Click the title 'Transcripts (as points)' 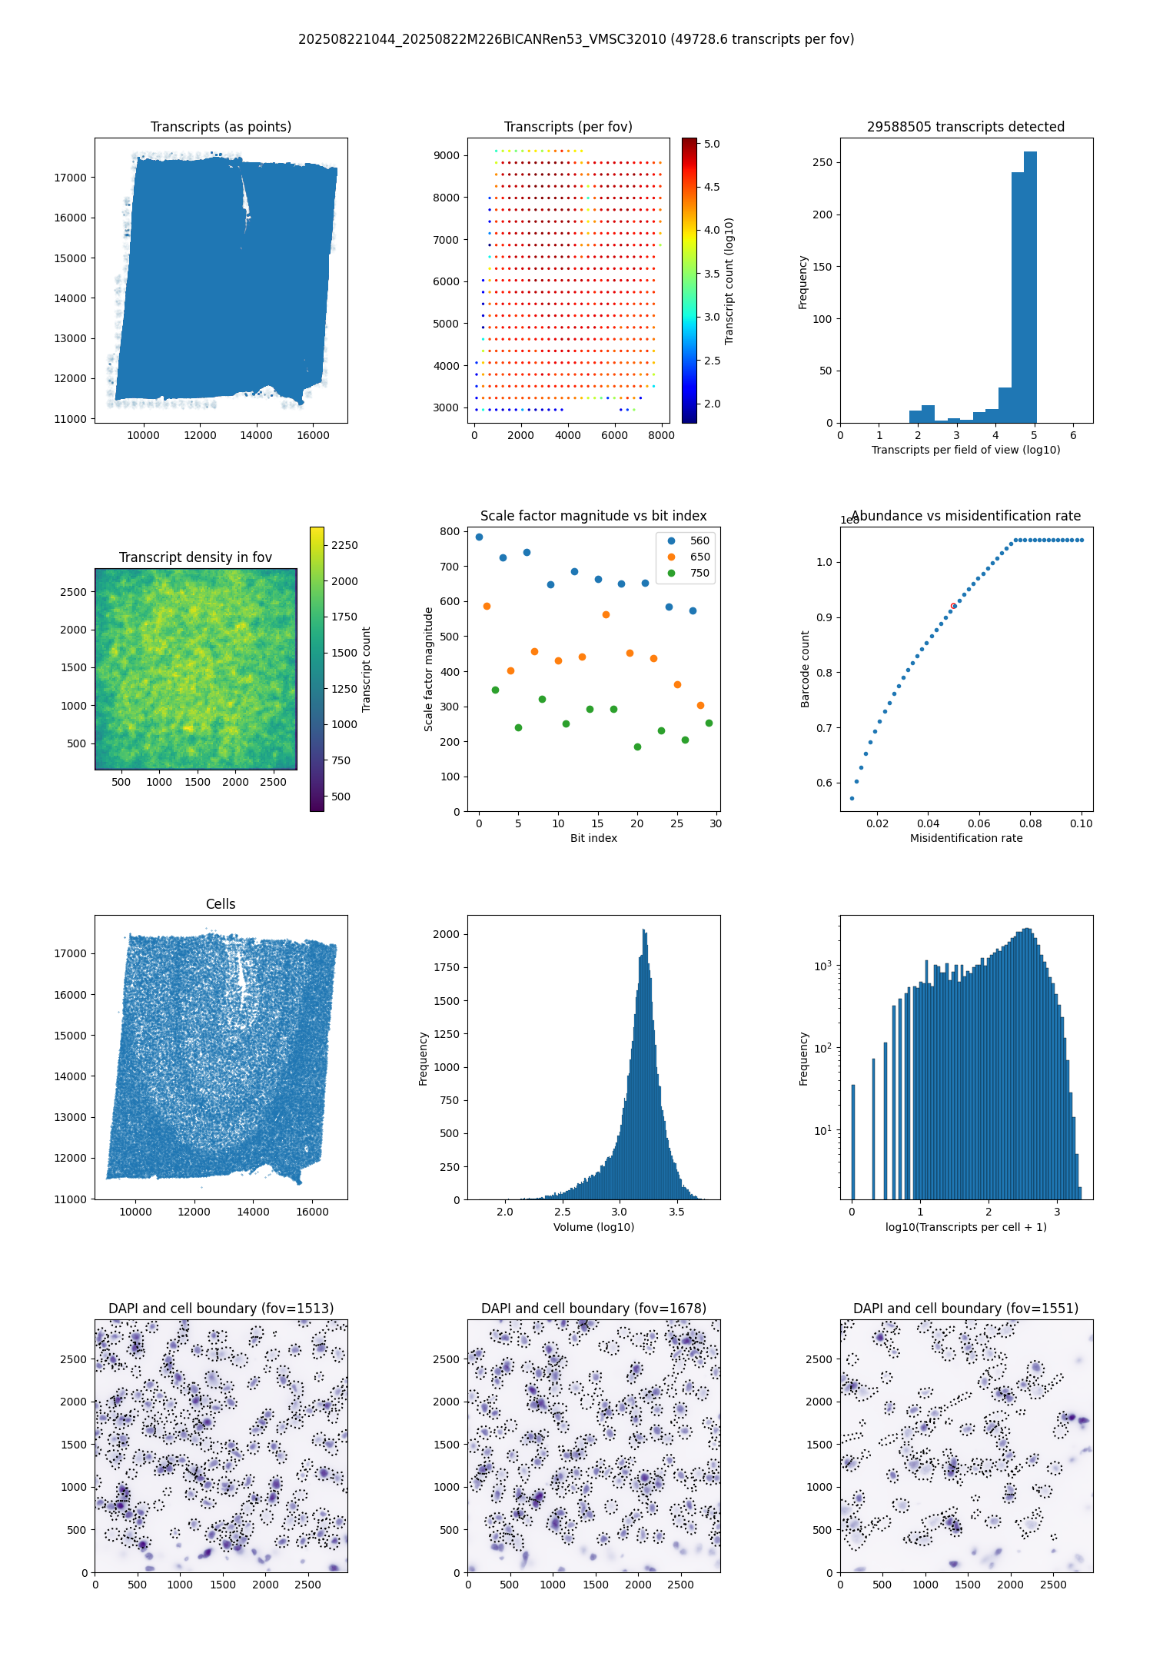[x=221, y=127]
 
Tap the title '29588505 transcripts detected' [x=965, y=127]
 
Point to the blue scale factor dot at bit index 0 [x=479, y=537]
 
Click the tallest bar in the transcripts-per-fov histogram [x=1030, y=287]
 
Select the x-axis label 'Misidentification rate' [x=966, y=838]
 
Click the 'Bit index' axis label [x=593, y=838]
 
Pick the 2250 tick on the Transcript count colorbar [x=344, y=545]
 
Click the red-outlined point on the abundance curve [x=953, y=606]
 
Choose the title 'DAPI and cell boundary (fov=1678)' [x=593, y=1309]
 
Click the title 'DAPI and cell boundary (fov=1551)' [x=965, y=1309]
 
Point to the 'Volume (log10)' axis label [x=593, y=1227]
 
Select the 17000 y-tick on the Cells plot [x=70, y=953]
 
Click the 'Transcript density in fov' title [x=195, y=557]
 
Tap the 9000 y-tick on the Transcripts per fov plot [x=446, y=155]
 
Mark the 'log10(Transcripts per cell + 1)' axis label [x=965, y=1227]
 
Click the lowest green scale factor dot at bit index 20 [x=637, y=747]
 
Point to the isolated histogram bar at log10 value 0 [x=852, y=1142]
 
